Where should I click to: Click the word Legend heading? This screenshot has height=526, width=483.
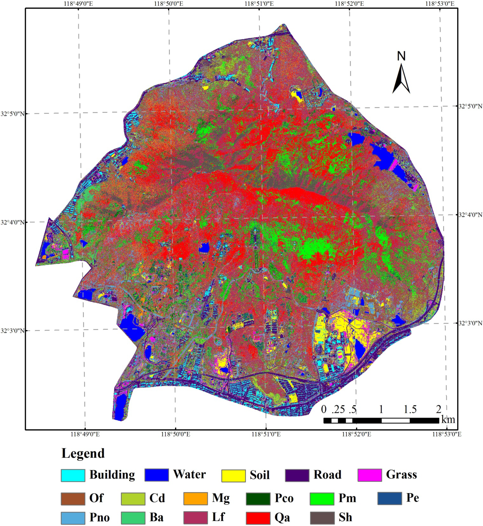tap(83, 453)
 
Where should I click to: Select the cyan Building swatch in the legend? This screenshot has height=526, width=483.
tap(73, 475)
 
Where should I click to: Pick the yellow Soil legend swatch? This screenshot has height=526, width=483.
tap(233, 475)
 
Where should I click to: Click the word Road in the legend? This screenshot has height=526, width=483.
tap(328, 475)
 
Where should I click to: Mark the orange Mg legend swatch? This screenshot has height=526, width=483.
tap(195, 499)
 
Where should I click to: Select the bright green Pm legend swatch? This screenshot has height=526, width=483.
tap(322, 499)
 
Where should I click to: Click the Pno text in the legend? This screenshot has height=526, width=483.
tap(100, 518)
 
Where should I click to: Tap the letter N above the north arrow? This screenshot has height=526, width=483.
tap(401, 56)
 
